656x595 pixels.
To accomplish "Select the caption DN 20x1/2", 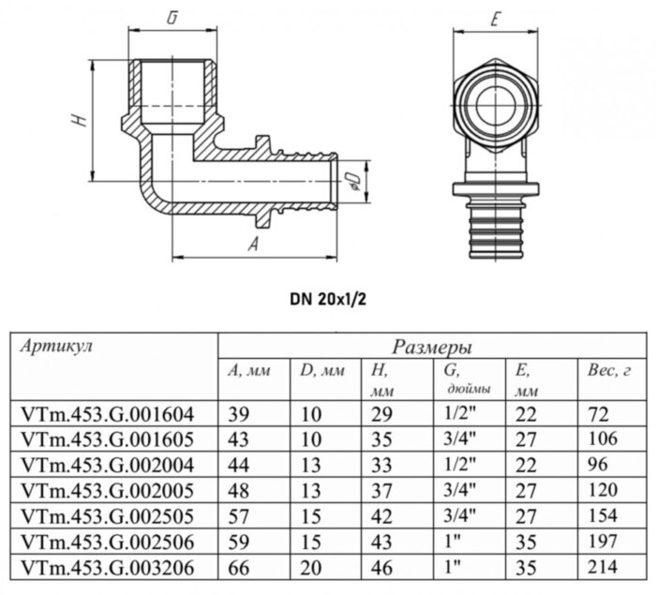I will [330, 302].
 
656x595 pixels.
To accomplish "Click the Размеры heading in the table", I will [431, 347].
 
